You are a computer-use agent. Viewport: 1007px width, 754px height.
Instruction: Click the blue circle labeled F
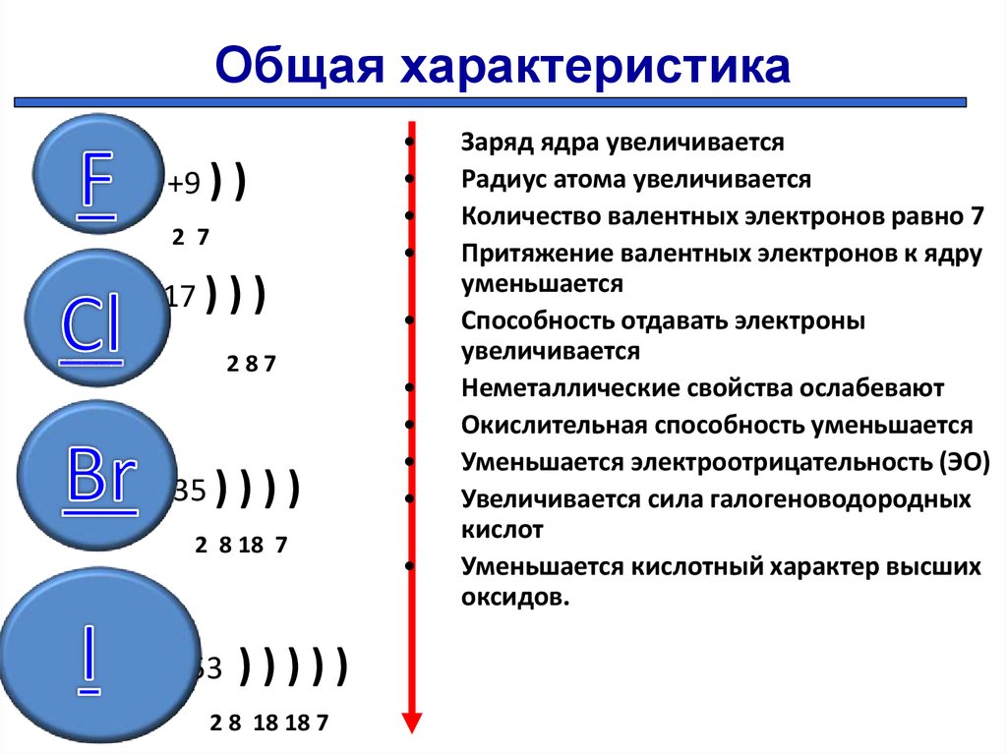(x=98, y=173)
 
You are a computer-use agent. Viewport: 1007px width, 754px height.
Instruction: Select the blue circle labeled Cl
(x=97, y=318)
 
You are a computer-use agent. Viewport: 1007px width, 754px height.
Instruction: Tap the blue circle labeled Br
(x=97, y=475)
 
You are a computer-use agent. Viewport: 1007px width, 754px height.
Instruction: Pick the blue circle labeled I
(x=99, y=655)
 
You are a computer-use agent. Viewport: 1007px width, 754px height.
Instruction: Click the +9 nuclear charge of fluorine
(x=184, y=183)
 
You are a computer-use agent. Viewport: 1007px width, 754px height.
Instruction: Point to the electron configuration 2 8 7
(x=251, y=364)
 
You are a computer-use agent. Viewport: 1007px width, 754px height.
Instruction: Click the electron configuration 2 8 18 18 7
(x=269, y=723)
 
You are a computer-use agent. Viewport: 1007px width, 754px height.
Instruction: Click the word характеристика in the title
(x=595, y=65)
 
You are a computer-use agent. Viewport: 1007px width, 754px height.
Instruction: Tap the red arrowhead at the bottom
(x=412, y=722)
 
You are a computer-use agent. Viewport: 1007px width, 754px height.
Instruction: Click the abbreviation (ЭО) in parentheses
(x=965, y=462)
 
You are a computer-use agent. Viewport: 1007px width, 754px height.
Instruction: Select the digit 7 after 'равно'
(x=977, y=216)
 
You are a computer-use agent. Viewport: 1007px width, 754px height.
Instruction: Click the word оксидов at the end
(x=515, y=598)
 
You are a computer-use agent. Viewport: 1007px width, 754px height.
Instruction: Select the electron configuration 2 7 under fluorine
(x=191, y=237)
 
